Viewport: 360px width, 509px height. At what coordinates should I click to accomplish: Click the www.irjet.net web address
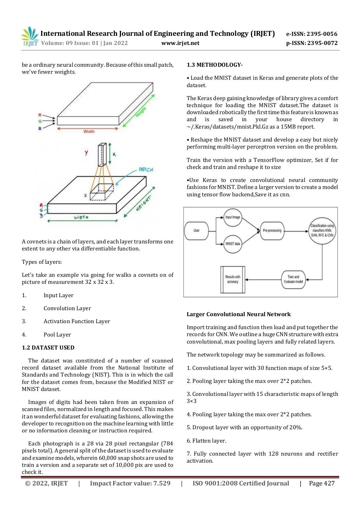tap(180, 43)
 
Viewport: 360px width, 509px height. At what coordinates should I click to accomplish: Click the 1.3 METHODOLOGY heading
tap(214, 65)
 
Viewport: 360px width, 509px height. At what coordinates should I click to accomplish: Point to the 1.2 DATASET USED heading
tap(48, 348)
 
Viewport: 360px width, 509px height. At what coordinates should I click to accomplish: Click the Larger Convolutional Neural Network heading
tap(238, 314)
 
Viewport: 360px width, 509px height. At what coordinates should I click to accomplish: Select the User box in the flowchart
tap(196, 231)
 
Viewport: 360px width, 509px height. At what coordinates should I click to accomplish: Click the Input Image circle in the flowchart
tap(232, 217)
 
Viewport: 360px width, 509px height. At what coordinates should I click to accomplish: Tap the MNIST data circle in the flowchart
tap(232, 244)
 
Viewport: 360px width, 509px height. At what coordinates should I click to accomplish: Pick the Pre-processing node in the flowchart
tap(272, 231)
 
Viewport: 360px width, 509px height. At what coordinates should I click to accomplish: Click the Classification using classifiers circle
tap(322, 230)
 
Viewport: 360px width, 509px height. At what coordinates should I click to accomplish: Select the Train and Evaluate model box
tap(293, 280)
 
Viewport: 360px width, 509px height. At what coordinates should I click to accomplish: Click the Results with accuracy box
tap(232, 280)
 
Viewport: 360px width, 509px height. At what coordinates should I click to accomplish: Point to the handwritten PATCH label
tap(146, 170)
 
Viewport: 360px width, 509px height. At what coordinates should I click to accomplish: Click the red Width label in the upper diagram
tap(89, 132)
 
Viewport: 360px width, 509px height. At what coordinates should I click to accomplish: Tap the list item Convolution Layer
tap(67, 308)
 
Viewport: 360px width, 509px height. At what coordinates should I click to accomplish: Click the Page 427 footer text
tap(321, 484)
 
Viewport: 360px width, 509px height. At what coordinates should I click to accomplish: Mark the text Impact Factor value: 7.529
tap(130, 484)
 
